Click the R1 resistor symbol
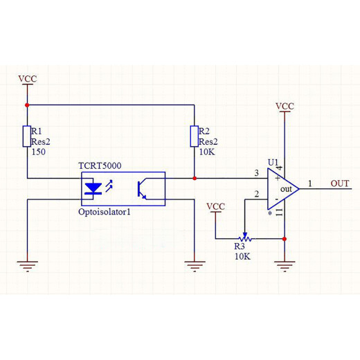27,136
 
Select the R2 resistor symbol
195,136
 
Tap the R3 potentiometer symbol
245,237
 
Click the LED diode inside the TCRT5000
93,188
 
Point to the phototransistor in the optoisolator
142,189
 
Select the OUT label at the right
340,183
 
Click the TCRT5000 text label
100,165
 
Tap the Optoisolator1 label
105,212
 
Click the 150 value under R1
39,152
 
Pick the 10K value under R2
207,152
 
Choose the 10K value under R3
242,256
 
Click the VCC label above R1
28,79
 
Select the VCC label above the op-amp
285,107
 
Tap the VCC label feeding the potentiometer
216,206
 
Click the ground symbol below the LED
28,266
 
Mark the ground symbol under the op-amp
285,266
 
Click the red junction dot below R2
195,179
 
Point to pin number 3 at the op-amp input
256,173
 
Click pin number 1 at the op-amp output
310,183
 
